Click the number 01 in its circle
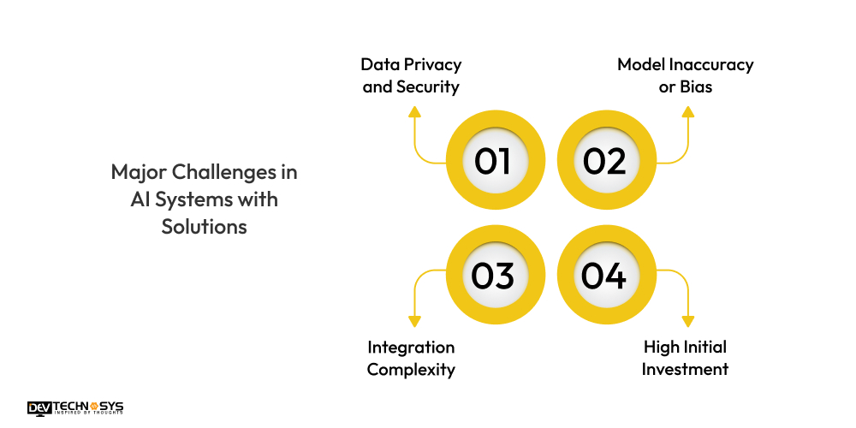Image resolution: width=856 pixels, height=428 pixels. [x=492, y=161]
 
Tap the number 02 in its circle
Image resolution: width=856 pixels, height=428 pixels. [x=604, y=161]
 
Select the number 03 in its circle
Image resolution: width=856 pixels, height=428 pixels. [x=492, y=276]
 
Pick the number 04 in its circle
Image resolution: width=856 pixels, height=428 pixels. [x=604, y=276]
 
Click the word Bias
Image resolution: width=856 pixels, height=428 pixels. [x=698, y=87]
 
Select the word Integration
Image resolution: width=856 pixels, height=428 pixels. [x=411, y=347]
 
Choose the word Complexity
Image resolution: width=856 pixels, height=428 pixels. [x=411, y=370]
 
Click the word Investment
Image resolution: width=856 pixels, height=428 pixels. [x=685, y=370]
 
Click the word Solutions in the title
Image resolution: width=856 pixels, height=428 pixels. [x=205, y=228]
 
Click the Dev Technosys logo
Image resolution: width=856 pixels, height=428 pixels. [x=75, y=407]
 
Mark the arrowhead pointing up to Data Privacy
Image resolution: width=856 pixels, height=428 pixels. [x=414, y=111]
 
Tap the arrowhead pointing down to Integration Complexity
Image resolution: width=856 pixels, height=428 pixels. [x=414, y=322]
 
